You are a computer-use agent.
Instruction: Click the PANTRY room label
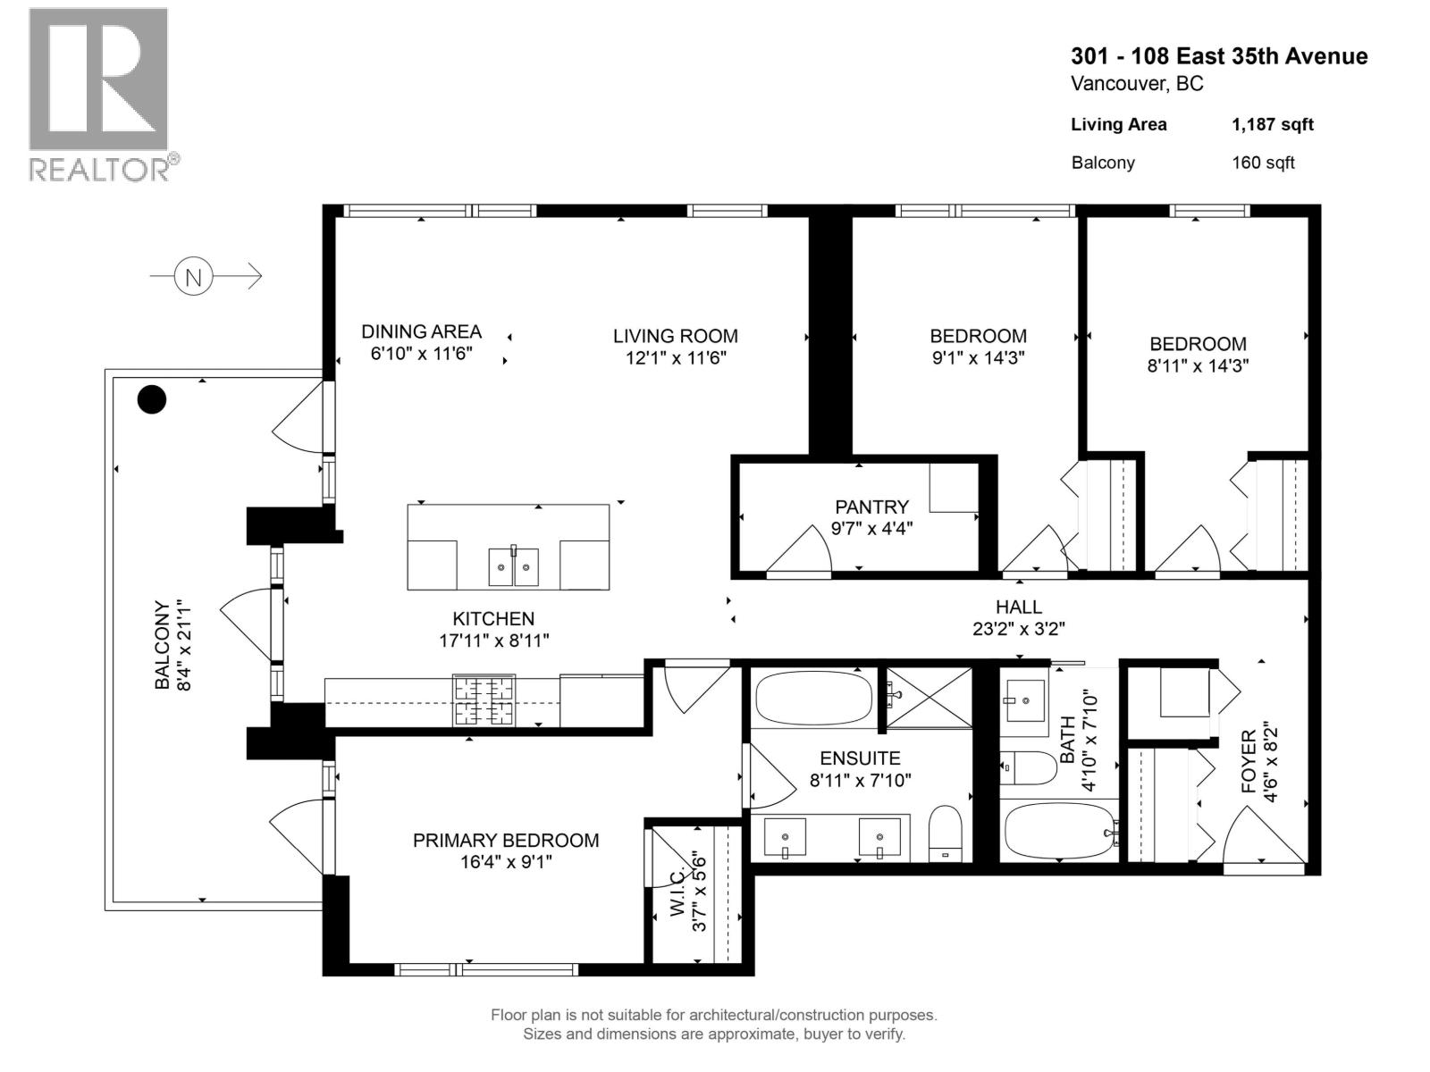871,507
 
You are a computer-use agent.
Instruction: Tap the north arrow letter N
193,277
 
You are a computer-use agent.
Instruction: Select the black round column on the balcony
152,398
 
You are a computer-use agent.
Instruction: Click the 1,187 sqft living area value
1272,125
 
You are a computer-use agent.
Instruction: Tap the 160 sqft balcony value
1262,163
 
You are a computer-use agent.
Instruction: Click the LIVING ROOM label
675,336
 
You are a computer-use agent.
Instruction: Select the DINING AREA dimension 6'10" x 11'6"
420,353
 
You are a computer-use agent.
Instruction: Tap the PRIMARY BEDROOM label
505,840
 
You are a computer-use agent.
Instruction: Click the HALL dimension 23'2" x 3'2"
1018,629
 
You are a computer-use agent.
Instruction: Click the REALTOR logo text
104,169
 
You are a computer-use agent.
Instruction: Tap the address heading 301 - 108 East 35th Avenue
1218,56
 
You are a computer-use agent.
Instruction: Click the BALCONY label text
163,645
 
